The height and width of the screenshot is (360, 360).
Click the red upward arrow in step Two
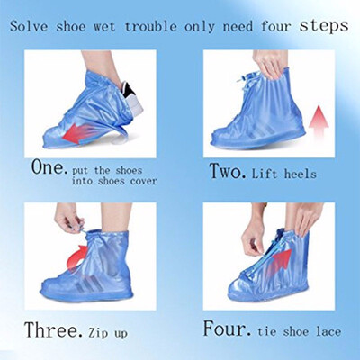coord(317,117)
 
